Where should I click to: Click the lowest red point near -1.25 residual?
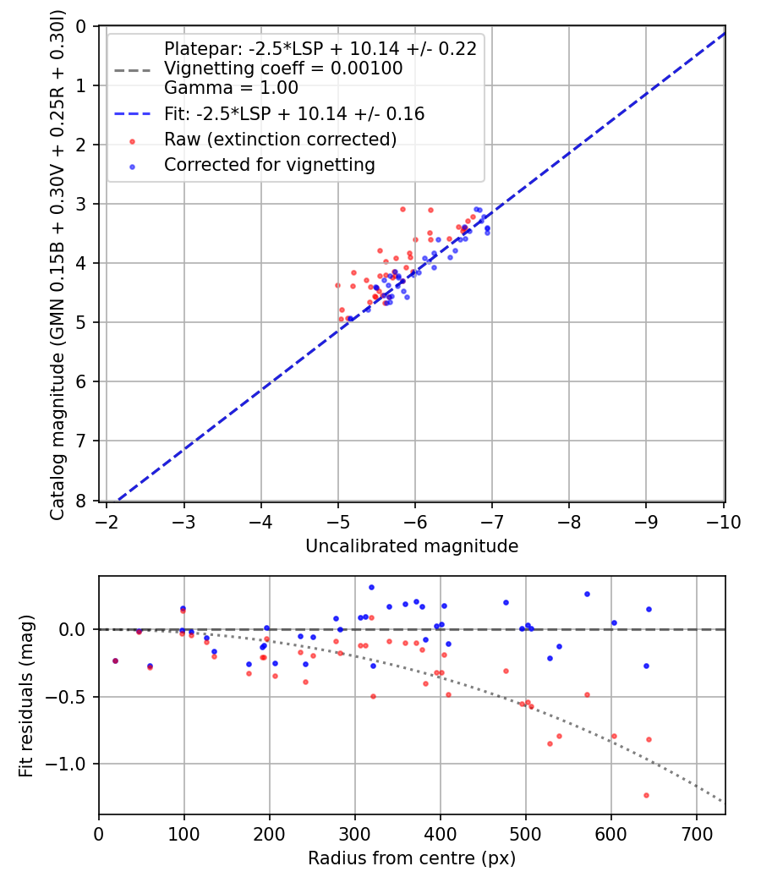(646, 795)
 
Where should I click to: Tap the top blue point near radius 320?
(371, 587)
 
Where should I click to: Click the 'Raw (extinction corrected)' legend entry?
(281, 139)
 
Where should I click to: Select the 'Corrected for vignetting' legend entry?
(270, 165)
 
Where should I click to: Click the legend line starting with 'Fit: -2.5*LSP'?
(294, 113)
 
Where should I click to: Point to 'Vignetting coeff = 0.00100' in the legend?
(283, 69)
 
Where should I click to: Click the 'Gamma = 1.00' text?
(231, 88)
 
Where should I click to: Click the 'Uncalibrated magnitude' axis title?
(412, 546)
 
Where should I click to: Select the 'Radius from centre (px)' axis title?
(412, 858)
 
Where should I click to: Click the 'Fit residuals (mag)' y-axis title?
(26, 695)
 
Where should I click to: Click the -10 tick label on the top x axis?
(725, 522)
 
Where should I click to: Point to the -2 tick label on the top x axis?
(107, 522)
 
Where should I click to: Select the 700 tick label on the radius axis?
(696, 834)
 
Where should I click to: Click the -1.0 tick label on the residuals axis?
(71, 764)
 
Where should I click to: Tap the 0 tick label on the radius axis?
(99, 834)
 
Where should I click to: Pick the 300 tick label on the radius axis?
(355, 834)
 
